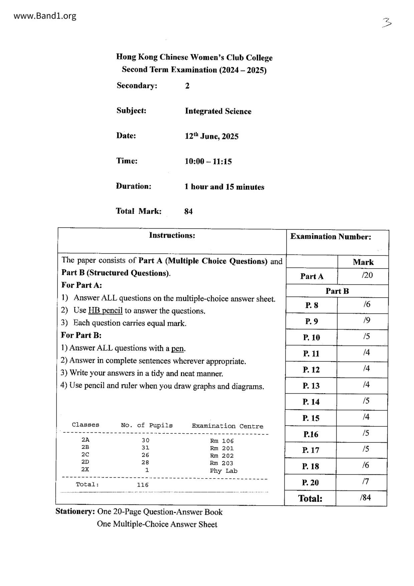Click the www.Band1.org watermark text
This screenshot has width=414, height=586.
[45, 16]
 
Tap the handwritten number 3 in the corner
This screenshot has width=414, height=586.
[387, 23]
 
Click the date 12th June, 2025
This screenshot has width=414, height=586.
[212, 136]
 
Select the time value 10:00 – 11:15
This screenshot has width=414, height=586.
[208, 162]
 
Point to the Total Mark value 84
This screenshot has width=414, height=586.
[188, 211]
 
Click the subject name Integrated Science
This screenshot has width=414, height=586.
[218, 111]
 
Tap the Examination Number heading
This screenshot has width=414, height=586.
[331, 237]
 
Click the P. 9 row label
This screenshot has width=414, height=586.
[312, 321]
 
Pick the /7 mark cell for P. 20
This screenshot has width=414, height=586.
[366, 481]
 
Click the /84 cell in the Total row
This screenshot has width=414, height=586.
[365, 498]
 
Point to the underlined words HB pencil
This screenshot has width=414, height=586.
[105, 310]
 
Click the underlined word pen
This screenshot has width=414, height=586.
[178, 348]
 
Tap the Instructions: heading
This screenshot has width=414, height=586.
[172, 236]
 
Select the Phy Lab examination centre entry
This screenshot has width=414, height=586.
[223, 471]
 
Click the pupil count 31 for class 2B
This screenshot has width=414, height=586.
[145, 448]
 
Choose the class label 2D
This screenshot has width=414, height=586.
[85, 462]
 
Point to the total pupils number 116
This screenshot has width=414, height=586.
[143, 485]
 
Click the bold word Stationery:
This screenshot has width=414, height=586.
[75, 511]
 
